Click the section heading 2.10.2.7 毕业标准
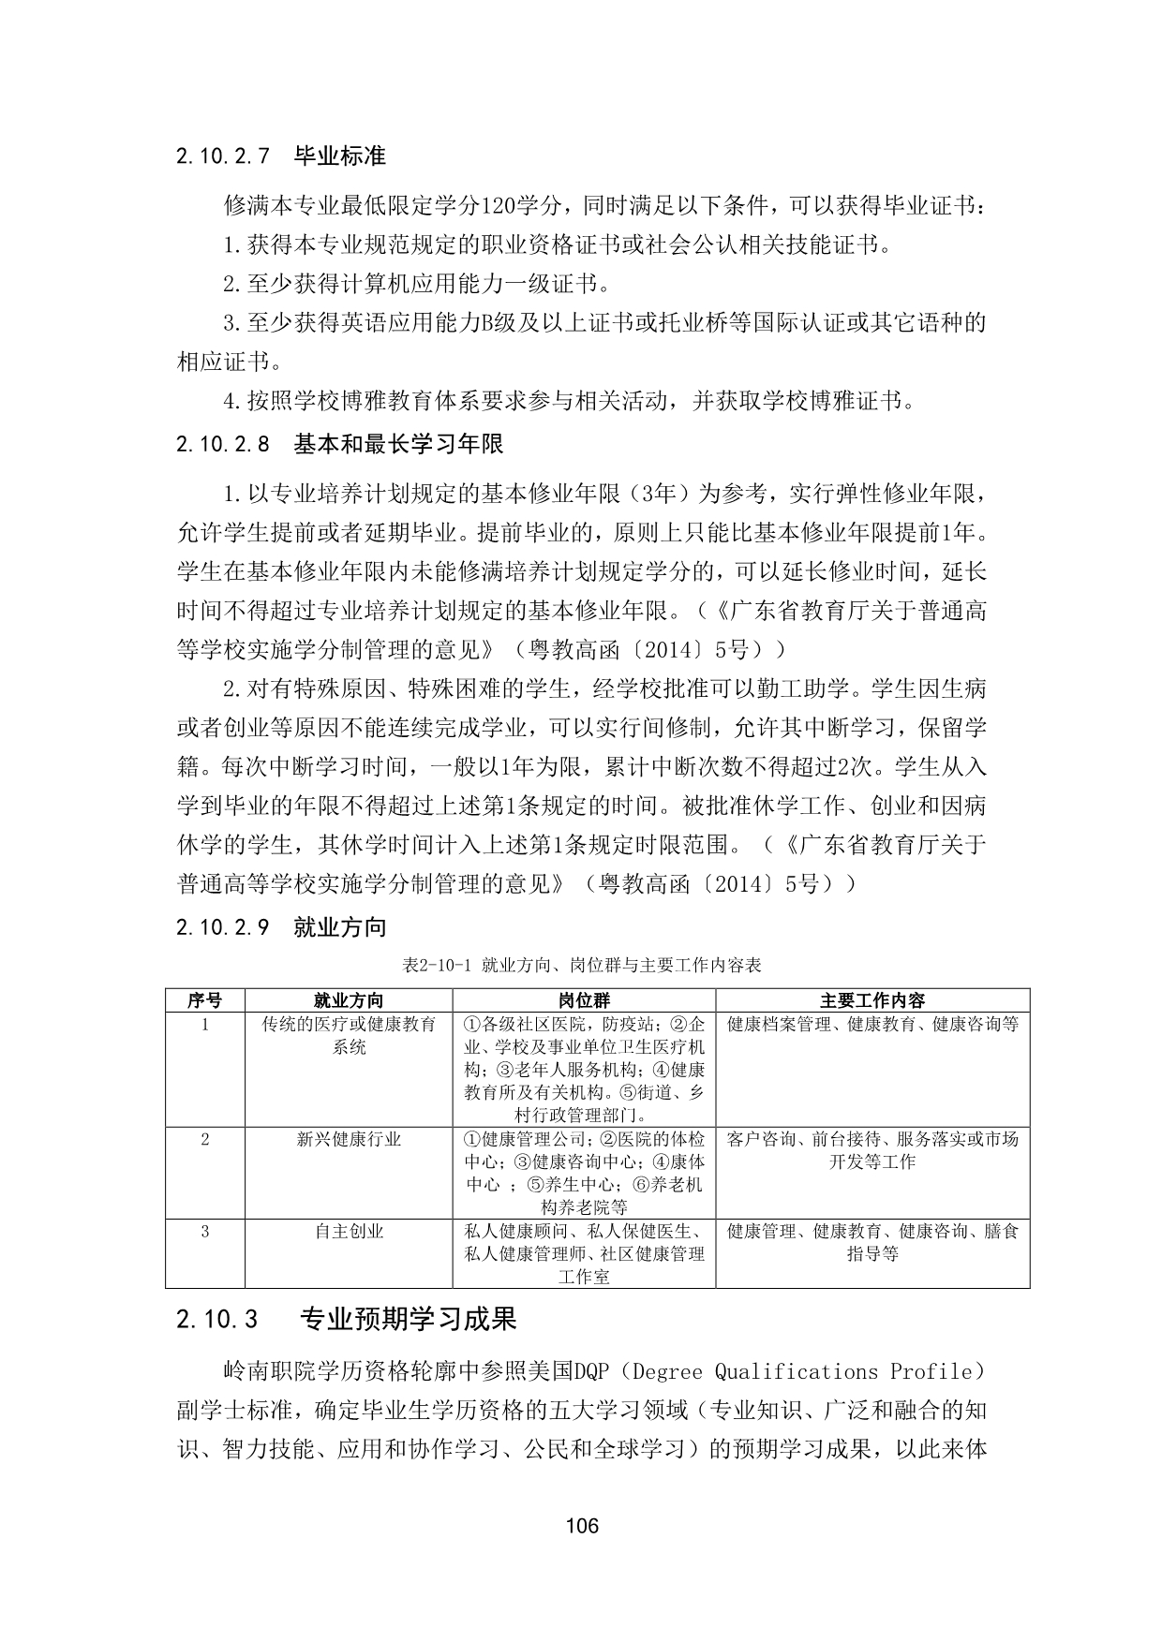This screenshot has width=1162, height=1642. click(280, 155)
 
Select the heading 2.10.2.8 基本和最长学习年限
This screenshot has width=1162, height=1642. click(339, 444)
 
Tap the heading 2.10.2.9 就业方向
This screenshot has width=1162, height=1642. click(280, 927)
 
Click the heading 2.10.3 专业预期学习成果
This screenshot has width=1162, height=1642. click(346, 1319)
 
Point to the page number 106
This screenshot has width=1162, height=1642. click(581, 1526)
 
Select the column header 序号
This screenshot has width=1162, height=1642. click(204, 1000)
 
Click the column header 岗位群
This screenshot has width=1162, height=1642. click(583, 1000)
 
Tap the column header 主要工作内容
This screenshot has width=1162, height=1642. click(871, 1000)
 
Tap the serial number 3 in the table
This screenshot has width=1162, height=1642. click(204, 1231)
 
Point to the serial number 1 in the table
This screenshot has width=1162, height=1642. click(204, 1024)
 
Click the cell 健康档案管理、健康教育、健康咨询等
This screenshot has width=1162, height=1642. click(871, 1024)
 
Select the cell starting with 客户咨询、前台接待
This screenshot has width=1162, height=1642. click(871, 1150)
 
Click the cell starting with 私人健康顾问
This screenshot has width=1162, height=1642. click(583, 1253)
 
